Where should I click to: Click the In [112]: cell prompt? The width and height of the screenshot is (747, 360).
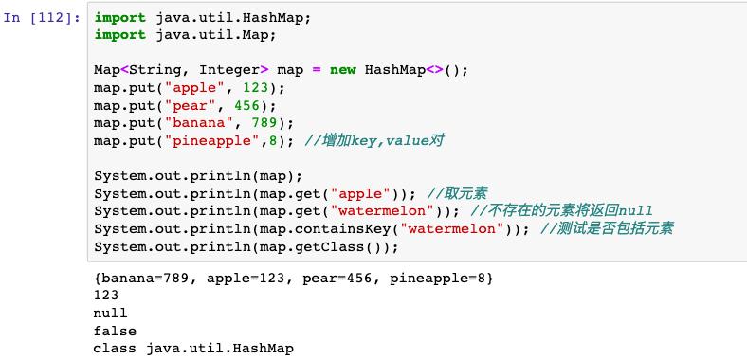(42, 18)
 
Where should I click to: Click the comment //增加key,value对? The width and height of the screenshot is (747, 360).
(374, 141)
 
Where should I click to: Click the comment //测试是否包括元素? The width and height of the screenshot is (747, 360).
(607, 229)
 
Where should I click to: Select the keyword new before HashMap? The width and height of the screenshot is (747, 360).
(342, 71)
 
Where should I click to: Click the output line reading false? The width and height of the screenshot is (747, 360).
(115, 331)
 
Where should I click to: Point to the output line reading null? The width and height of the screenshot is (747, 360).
(110, 313)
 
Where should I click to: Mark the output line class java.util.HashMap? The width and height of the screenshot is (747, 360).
(193, 349)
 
